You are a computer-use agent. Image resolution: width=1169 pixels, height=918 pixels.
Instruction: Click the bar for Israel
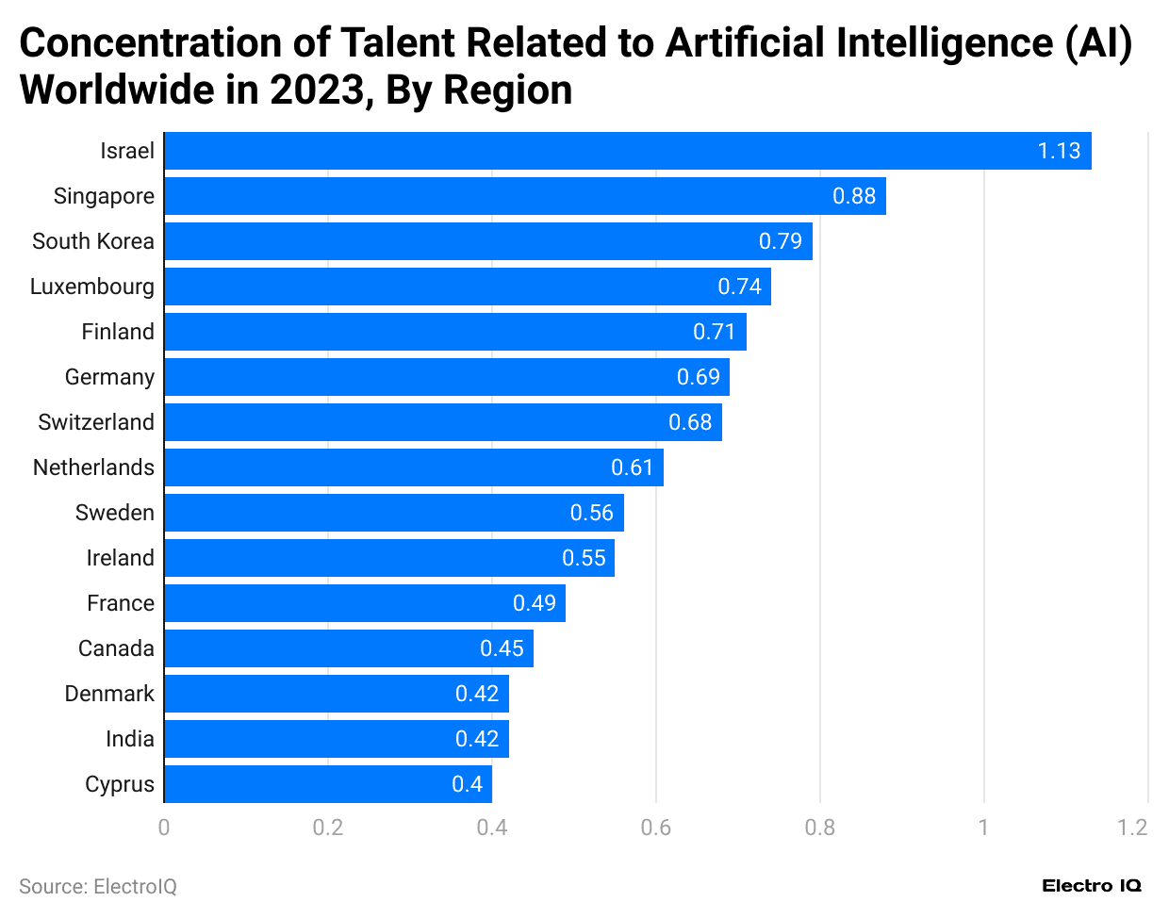point(627,151)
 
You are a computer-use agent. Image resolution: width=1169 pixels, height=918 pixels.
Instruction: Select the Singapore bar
point(524,196)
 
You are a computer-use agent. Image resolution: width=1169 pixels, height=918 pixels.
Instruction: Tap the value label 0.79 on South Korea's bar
point(780,241)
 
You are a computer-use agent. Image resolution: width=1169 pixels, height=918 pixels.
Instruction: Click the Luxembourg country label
point(91,287)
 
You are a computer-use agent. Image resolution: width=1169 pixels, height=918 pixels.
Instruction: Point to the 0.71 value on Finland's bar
point(714,332)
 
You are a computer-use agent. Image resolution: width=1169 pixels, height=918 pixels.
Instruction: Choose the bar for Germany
point(446,377)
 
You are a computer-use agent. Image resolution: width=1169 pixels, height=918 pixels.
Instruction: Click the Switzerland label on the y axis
point(95,422)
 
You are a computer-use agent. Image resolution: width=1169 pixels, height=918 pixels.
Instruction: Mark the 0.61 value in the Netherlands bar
point(632,467)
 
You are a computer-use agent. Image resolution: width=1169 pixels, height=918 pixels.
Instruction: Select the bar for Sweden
point(393,513)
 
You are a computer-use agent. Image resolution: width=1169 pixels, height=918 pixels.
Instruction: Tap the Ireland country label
point(120,558)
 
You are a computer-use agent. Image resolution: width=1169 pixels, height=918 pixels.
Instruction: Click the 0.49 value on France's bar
point(534,603)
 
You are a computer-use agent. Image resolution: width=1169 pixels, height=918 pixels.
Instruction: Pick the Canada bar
point(348,648)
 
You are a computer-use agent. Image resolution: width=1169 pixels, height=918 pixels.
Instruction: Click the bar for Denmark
point(336,694)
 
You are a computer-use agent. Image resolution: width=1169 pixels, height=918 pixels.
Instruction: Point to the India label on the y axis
point(129,739)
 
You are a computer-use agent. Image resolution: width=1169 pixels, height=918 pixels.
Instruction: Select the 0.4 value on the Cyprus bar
point(467,784)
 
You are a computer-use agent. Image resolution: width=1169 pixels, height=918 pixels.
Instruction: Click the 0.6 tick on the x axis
point(655,828)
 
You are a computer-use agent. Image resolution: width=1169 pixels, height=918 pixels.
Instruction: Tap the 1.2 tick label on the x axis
point(1132,828)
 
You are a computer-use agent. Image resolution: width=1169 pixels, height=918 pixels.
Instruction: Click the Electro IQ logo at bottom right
point(1091,886)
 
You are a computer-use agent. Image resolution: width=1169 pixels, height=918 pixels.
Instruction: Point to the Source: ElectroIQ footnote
point(98,887)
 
